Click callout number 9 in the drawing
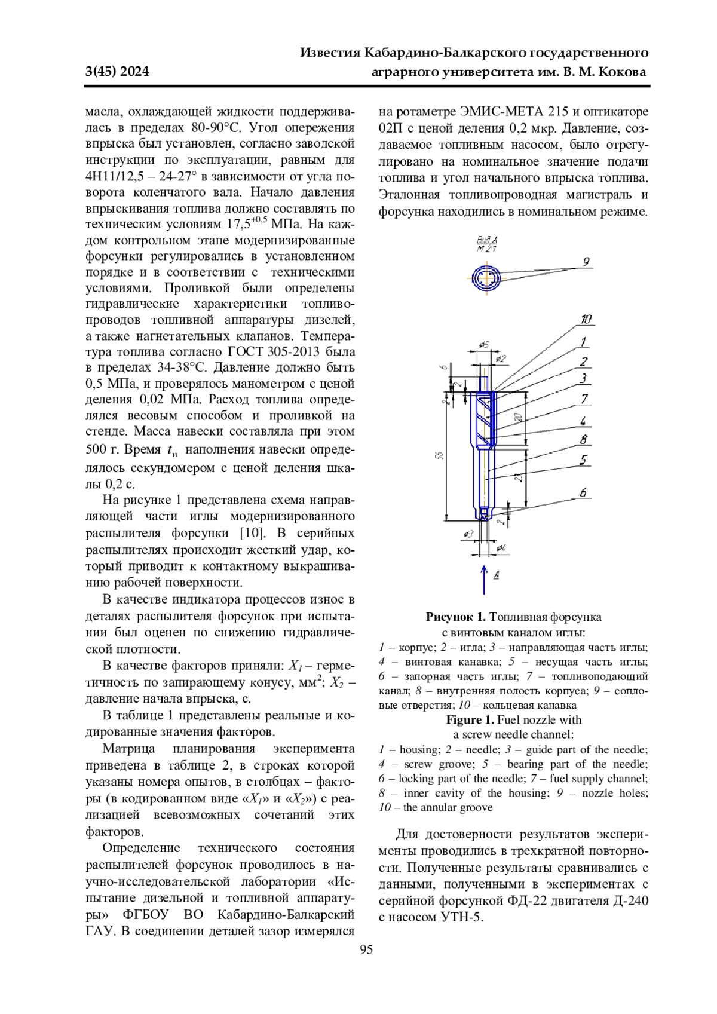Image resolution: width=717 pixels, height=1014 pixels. pos(586,261)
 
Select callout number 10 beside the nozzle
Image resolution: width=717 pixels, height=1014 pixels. pos(586,320)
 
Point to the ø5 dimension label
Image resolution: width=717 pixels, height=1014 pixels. pos(485,344)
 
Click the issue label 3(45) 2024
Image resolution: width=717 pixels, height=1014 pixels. pos(117,72)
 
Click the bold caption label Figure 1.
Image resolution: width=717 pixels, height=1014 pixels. pos(470,719)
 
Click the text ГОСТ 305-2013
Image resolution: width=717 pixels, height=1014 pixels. pos(272,351)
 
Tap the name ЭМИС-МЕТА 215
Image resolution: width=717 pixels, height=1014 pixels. pos(500,112)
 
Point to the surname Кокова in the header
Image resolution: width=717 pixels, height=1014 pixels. pos(623,72)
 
